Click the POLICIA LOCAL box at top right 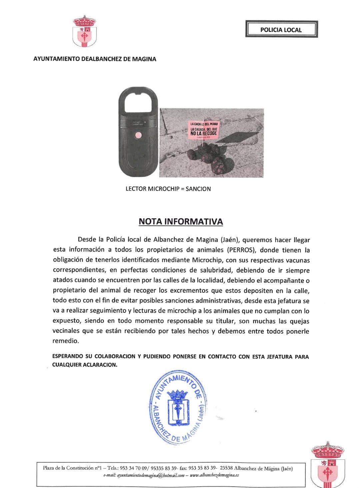281,30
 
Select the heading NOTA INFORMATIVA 181,222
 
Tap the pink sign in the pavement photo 204,130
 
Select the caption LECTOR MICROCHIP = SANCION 168,189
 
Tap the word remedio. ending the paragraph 66,341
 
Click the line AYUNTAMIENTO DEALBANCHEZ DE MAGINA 95,59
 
